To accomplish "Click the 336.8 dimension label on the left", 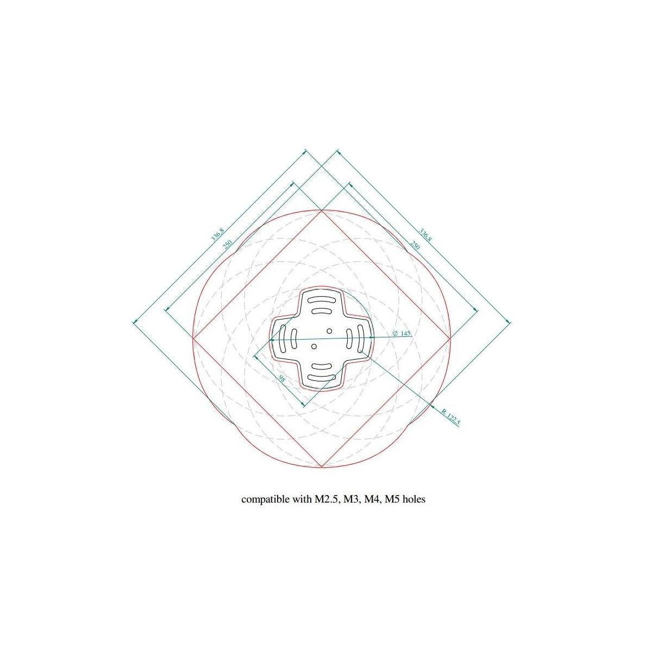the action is pyautogui.click(x=217, y=235).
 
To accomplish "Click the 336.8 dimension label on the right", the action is pyautogui.click(x=425, y=235).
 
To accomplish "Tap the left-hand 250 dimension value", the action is pyautogui.click(x=227, y=244).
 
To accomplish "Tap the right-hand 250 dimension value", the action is pyautogui.click(x=415, y=245).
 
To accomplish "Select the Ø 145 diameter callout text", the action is pyautogui.click(x=402, y=333).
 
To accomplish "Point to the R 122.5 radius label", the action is pyautogui.click(x=450, y=417).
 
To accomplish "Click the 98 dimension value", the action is pyautogui.click(x=281, y=379).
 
